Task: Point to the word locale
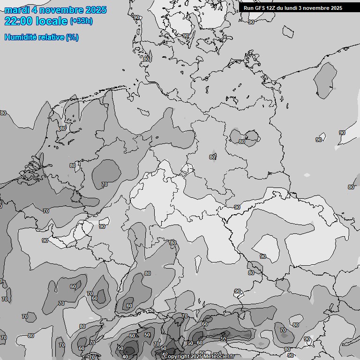pyautogui.click(x=52, y=21)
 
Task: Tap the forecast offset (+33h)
pyautogui.click(x=81, y=21)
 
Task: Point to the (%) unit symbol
pyautogui.click(x=72, y=37)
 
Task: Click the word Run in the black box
pyautogui.click(x=249, y=8)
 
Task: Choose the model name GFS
pyautogui.click(x=261, y=8)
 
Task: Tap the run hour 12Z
pyautogui.click(x=273, y=8)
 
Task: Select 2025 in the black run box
pyautogui.click(x=336, y=8)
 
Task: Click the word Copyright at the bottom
pyautogui.click(x=177, y=357)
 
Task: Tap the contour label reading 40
pyautogui.click(x=125, y=357)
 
